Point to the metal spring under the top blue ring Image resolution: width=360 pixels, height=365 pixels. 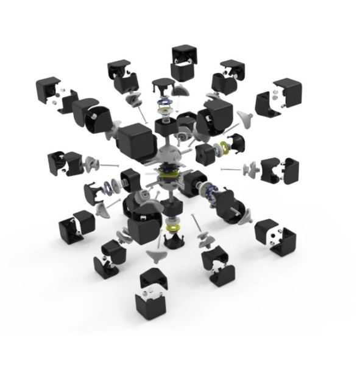coord(164,111)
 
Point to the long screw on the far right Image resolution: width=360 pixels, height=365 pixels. coord(232,169)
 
